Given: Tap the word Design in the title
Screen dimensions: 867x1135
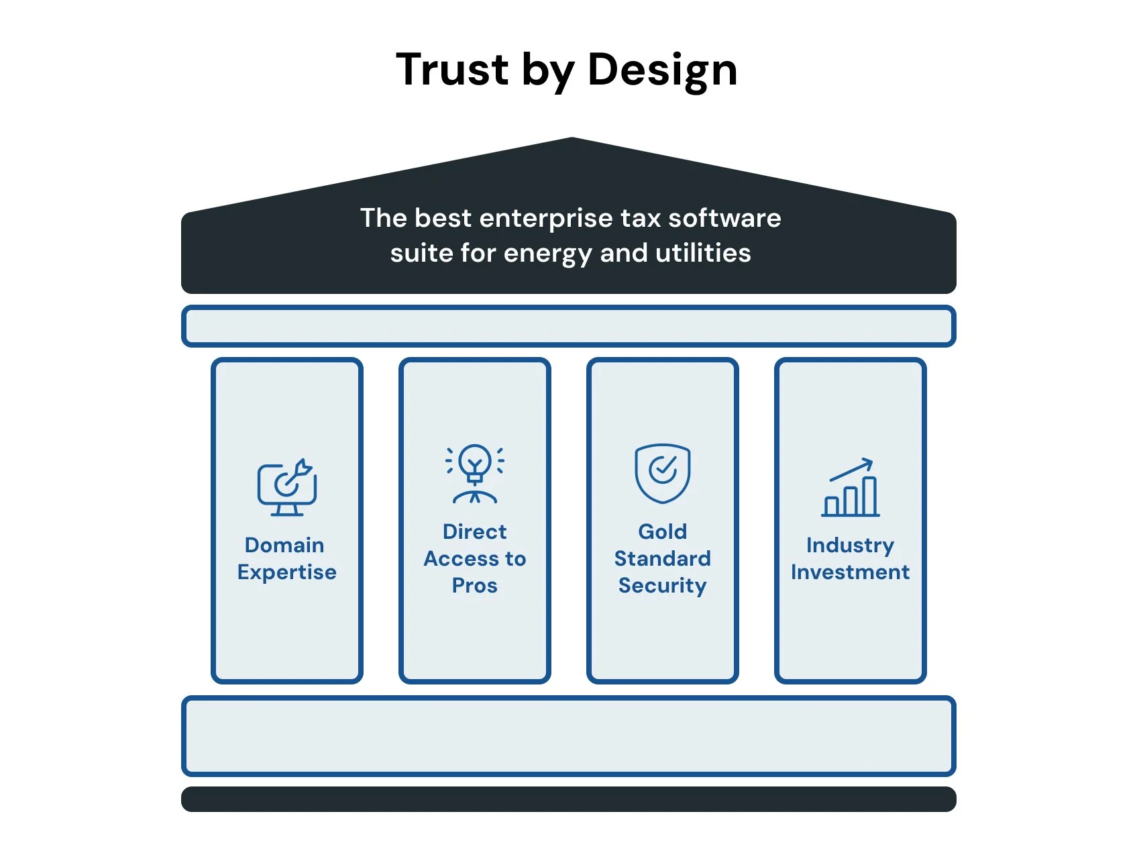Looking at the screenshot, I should coord(662,70).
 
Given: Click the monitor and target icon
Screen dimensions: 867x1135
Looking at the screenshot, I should coord(287,488).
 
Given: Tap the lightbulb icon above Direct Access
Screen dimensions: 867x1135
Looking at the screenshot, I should coord(475,474).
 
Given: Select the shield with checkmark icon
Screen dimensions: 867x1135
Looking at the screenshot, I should coord(663,473).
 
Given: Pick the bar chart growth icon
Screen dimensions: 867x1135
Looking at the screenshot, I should coord(851,488).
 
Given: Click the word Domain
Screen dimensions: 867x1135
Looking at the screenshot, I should coord(284,545).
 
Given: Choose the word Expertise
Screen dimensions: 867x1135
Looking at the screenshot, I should coord(287,572).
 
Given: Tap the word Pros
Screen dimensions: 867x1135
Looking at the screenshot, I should coord(475,586).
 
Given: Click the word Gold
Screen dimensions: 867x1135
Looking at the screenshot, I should coord(663,531).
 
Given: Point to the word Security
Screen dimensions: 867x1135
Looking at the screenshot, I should coord(663,586).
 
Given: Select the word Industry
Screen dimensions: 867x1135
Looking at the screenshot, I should coord(850,546).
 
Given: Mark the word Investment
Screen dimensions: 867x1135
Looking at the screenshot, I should coord(850,572).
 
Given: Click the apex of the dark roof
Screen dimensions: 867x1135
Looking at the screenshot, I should coord(572,141).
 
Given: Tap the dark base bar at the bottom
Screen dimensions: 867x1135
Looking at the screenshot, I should coord(568,799).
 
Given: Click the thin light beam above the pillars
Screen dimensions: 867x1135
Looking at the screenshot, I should coord(568,326).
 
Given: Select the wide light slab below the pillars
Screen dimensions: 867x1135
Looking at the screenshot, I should coord(568,736).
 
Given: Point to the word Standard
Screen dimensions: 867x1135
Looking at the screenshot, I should coord(663,558).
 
